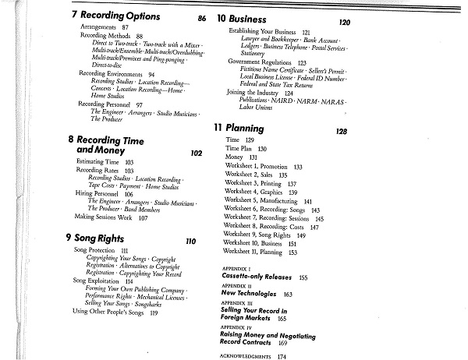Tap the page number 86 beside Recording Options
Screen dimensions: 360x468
click(x=202, y=18)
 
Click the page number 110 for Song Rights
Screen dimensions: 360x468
click(x=190, y=241)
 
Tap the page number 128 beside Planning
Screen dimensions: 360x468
click(x=341, y=132)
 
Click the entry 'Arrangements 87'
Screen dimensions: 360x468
click(x=104, y=27)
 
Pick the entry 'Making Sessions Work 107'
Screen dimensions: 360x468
click(x=111, y=217)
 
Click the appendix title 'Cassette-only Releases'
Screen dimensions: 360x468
click(x=260, y=277)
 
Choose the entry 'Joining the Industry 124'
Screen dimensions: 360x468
click(x=265, y=93)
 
